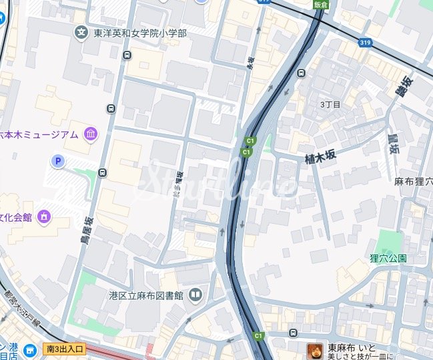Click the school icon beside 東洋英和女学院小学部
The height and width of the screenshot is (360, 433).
click(81, 32)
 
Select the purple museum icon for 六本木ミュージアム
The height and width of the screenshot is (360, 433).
click(90, 135)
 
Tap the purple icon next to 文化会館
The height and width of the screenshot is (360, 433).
click(45, 216)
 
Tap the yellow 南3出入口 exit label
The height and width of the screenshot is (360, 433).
click(65, 349)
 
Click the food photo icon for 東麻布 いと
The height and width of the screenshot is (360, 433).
click(314, 350)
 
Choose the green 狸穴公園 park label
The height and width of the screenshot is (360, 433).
click(388, 258)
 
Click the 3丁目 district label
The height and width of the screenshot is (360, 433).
click(330, 105)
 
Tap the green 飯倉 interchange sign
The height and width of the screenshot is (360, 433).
click(321, 4)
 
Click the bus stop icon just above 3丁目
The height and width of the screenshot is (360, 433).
click(302, 73)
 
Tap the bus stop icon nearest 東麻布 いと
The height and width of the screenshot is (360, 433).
click(294, 333)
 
